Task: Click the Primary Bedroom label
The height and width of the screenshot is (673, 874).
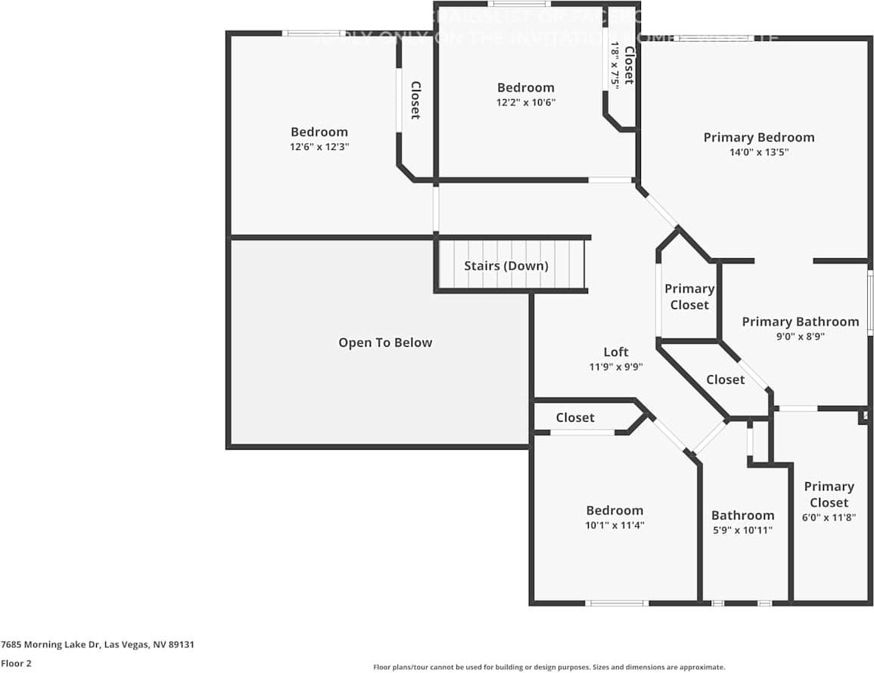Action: point(759,137)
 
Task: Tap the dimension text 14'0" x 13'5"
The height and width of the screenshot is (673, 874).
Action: point(759,152)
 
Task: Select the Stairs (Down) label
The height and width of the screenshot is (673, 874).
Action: point(505,266)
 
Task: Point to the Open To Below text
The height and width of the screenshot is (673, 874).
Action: point(385,343)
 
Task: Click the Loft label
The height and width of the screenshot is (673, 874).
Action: point(615,352)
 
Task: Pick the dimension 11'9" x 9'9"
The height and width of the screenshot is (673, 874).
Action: point(615,367)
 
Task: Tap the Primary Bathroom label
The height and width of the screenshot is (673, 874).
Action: point(800,322)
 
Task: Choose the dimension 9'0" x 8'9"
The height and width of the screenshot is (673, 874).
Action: point(800,337)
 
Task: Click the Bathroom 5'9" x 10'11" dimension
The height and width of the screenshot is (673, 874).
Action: point(742,530)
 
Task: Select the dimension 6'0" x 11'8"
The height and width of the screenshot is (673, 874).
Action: point(829,518)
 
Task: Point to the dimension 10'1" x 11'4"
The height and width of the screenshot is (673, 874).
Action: point(614,525)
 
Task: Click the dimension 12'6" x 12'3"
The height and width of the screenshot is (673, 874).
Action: point(319,147)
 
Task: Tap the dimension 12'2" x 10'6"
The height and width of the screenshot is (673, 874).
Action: point(526,102)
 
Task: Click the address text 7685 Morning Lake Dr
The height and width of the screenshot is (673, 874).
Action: point(98,645)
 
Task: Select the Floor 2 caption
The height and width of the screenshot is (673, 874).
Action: point(16,663)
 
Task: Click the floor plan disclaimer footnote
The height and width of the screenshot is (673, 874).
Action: point(549,667)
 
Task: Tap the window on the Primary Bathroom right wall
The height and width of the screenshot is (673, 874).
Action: point(870,303)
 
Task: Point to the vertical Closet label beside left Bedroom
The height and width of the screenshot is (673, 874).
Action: point(415,100)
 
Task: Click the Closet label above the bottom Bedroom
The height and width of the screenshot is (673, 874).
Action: point(575,418)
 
